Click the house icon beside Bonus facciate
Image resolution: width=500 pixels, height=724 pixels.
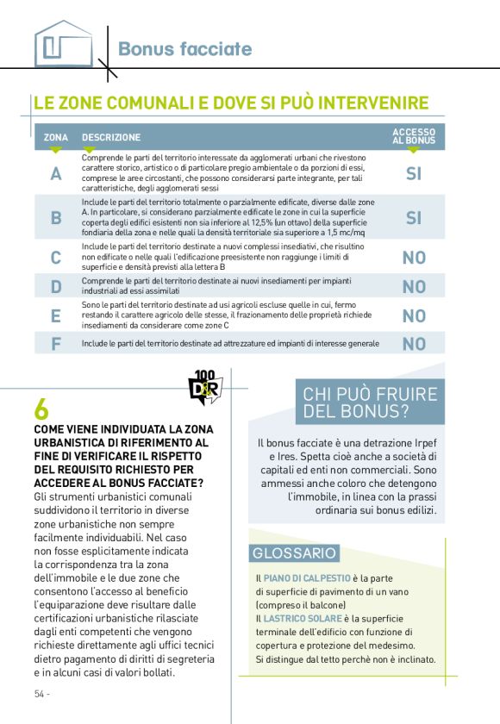[x=61, y=44]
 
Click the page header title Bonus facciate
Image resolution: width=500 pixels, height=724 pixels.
[x=184, y=49]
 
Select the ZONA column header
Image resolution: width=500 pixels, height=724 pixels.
[x=56, y=138]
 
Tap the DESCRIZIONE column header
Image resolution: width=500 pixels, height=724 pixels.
[x=111, y=138]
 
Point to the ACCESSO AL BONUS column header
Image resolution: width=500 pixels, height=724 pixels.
[x=414, y=135]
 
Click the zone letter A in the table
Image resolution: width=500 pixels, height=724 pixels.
[x=56, y=174]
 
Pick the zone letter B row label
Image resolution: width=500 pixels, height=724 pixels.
[x=56, y=218]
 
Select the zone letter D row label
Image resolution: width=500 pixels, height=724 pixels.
[x=56, y=287]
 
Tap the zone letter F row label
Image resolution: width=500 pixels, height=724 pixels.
[x=56, y=344]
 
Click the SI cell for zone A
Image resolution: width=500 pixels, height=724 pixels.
[x=414, y=174]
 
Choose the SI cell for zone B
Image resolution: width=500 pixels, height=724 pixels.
[x=414, y=218]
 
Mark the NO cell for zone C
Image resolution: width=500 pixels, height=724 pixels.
[x=414, y=258]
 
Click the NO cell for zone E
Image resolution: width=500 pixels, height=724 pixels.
[x=414, y=316]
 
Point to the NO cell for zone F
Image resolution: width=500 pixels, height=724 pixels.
[x=414, y=344]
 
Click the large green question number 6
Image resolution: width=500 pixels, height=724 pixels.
[x=41, y=408]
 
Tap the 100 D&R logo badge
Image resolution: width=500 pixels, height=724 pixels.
[x=205, y=386]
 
